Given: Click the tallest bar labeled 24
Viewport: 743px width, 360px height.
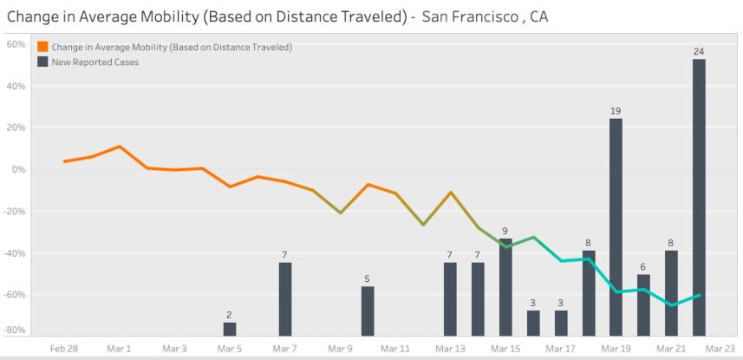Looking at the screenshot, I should [699, 196].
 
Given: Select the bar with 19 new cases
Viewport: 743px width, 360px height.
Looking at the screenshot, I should [616, 226].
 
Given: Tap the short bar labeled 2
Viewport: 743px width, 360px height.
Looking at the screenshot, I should [230, 328].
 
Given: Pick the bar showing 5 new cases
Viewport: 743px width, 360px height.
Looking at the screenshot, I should [368, 310].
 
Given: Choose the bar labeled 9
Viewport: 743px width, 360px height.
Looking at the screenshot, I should [505, 286].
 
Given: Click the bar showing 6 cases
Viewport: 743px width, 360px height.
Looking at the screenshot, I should [643, 304].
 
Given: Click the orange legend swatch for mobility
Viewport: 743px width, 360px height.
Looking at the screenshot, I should [42, 47].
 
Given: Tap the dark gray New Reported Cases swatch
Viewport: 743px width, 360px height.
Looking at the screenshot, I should [42, 62].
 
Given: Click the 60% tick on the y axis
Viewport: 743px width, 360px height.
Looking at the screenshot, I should [16, 44].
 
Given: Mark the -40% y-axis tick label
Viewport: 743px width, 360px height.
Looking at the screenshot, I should [16, 253].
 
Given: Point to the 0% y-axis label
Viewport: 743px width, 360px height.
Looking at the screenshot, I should [19, 170].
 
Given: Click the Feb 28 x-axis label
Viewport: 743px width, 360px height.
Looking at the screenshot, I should [64, 347].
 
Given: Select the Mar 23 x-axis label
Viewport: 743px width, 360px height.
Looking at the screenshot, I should [721, 347].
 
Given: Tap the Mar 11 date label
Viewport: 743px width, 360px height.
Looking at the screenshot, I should [394, 347].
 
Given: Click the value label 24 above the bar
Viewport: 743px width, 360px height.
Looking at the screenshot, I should [699, 52].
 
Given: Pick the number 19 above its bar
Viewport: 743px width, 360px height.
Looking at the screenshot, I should [616, 111].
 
